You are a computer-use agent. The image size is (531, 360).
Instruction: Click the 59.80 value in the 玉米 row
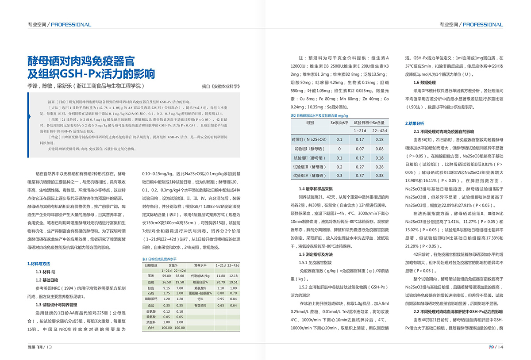click(166, 276)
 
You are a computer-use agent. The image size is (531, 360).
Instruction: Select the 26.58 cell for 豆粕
click(166, 282)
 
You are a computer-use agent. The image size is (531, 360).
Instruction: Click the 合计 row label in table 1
click(151, 328)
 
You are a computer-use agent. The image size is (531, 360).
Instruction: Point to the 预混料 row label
click(151, 322)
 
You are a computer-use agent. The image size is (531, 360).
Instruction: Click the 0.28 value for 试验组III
click(379, 167)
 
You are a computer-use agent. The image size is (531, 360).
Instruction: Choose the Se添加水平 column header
click(339, 122)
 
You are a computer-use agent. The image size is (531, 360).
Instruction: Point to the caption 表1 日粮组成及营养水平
click(159, 259)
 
